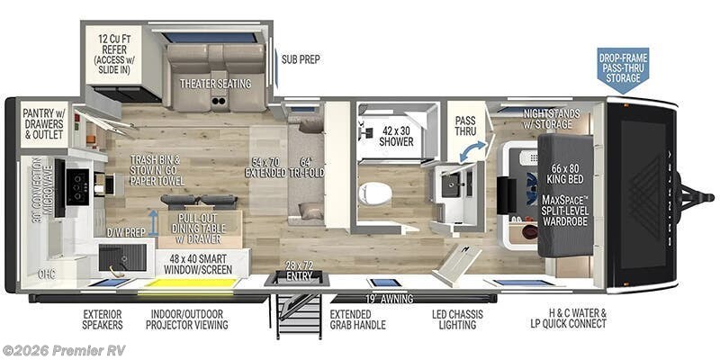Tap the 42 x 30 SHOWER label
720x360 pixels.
(x=396, y=136)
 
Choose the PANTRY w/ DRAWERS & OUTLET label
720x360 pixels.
(x=42, y=124)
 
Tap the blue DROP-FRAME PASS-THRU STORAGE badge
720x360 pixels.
(x=623, y=67)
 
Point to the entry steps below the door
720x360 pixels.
(x=297, y=315)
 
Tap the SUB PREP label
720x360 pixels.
(x=301, y=59)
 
